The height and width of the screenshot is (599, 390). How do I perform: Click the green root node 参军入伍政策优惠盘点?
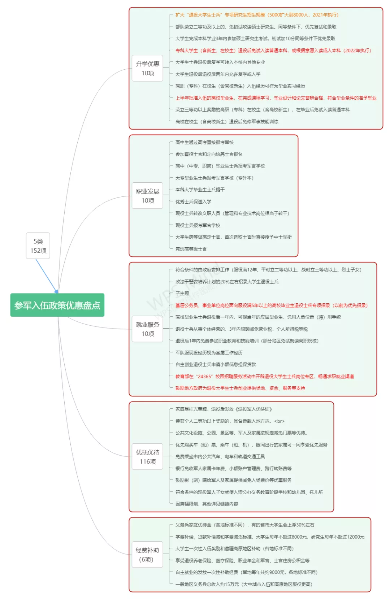(x=57, y=305)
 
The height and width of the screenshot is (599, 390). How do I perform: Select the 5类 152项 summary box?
(x=38, y=246)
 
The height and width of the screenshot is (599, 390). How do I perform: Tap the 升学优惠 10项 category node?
(x=147, y=68)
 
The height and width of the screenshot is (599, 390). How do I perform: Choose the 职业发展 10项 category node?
(x=147, y=196)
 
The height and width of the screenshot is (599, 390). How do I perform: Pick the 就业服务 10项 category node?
(x=147, y=329)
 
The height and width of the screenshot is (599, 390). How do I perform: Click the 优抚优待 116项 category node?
(x=147, y=457)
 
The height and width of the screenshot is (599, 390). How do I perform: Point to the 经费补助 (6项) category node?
(x=147, y=555)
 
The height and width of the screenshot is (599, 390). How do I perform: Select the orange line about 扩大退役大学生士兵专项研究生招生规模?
(x=257, y=15)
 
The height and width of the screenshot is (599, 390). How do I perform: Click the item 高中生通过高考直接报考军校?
(x=204, y=142)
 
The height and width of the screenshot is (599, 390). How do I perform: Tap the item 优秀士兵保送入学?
(x=193, y=201)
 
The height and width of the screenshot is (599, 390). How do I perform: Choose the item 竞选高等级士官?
(x=191, y=249)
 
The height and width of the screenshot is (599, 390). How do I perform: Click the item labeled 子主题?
(x=182, y=294)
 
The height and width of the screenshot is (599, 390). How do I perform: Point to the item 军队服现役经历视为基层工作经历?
(x=209, y=353)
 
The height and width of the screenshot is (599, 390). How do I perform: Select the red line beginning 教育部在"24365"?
(x=264, y=376)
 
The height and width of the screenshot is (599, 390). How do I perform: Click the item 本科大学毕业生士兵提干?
(x=200, y=190)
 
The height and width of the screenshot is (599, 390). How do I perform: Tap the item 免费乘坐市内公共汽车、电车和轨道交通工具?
(x=220, y=456)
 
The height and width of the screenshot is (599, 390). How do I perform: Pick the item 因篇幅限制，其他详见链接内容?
(x=207, y=504)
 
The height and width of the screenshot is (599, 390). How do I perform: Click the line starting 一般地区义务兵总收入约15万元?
(x=244, y=584)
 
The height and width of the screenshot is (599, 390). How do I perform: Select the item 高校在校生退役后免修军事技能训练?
(x=227, y=122)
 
